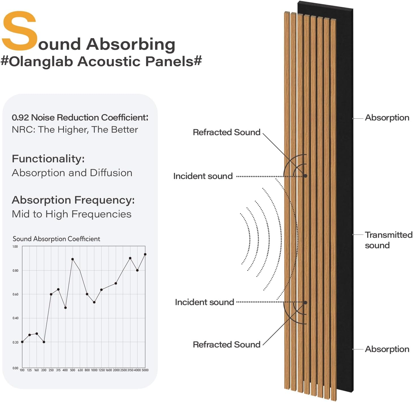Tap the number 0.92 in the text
pyautogui.click(x=20, y=117)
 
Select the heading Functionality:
pyautogui.click(x=48, y=159)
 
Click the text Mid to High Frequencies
pyautogui.click(x=72, y=214)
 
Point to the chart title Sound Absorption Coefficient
pyautogui.click(x=56, y=239)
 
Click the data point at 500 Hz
pyautogui.click(x=73, y=259)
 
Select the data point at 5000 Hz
pyautogui.click(x=145, y=254)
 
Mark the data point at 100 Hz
pyautogui.click(x=22, y=342)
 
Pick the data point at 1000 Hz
pyautogui.click(x=94, y=302)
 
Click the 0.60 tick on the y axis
pyautogui.click(x=15, y=294)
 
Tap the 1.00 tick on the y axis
pyautogui.click(x=15, y=247)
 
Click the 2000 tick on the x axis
pyautogui.click(x=116, y=370)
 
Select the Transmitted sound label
pyautogui.click(x=388, y=240)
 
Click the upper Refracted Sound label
pyautogui.click(x=226, y=132)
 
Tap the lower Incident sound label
pyautogui.click(x=204, y=302)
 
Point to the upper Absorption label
pyautogui.click(x=387, y=118)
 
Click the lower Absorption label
pyautogui.click(x=387, y=349)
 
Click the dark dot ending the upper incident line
pyautogui.click(x=306, y=176)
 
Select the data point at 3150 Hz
pyautogui.click(x=130, y=258)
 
